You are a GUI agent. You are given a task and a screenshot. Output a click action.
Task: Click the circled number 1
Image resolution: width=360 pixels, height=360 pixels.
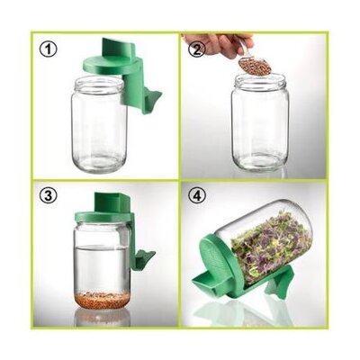coord(48,49)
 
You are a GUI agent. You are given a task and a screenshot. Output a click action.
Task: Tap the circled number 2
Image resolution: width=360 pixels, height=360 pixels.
coord(196,49)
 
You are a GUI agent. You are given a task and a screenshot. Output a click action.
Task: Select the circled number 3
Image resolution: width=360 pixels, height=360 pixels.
coord(48,196)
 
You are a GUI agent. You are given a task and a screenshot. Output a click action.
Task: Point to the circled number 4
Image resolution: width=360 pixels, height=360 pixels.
coord(197,195)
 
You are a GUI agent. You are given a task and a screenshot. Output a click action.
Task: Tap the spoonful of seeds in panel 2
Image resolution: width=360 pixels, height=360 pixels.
coord(255,66)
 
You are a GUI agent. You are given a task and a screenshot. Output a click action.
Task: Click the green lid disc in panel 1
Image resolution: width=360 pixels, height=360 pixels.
coord(111,66)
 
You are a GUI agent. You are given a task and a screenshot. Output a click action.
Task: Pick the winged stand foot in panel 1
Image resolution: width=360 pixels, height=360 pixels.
coord(152,100)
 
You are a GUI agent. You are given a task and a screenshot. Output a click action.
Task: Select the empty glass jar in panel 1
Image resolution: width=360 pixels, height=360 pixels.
coord(99,123)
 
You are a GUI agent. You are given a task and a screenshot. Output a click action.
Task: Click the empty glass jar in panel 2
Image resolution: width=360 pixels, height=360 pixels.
coord(260,122)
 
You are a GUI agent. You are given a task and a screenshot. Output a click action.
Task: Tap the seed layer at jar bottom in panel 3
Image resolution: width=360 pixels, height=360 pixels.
coord(103,300)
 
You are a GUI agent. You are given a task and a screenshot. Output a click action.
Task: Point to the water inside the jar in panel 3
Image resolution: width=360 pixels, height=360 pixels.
coord(103,268)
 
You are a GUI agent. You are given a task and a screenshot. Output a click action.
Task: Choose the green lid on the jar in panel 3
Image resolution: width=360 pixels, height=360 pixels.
coord(103,217)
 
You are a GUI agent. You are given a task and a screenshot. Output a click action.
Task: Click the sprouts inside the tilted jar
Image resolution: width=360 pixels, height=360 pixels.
coord(271,245)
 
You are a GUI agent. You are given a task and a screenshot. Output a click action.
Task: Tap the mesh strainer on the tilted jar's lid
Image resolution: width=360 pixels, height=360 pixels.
coord(217,258)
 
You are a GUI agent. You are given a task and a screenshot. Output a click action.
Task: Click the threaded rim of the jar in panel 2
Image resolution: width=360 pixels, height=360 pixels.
coord(260,80)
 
